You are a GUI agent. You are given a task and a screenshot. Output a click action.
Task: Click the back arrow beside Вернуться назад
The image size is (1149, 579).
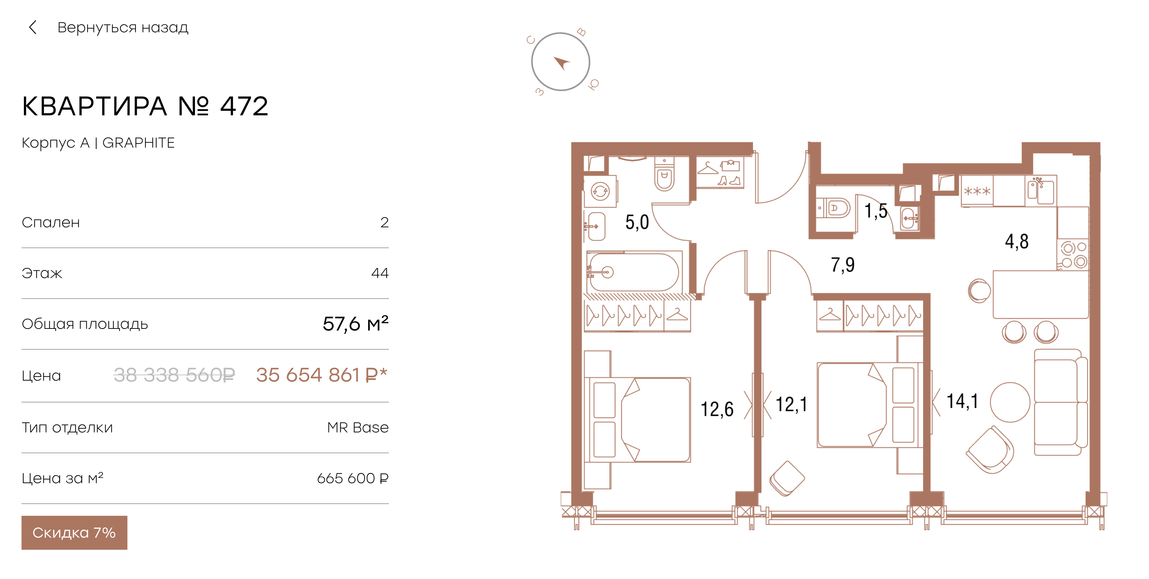click(33, 27)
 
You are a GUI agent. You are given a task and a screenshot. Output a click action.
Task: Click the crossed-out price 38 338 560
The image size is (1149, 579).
click(174, 375)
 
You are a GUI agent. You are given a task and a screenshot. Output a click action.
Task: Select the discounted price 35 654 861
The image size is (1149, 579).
click(321, 375)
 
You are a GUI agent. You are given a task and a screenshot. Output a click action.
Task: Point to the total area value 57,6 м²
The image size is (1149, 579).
click(356, 323)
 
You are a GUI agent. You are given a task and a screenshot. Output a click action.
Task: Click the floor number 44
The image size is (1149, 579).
click(380, 273)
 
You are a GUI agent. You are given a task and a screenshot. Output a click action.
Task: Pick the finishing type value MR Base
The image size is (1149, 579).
click(358, 427)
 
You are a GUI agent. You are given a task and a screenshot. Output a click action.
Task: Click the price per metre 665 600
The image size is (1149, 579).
click(352, 478)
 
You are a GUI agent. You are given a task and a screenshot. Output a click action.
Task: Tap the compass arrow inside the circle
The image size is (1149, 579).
click(562, 63)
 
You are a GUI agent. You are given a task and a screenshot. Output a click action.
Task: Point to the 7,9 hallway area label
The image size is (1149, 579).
click(842, 265)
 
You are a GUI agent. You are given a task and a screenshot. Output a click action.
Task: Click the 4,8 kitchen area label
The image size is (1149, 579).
click(1017, 241)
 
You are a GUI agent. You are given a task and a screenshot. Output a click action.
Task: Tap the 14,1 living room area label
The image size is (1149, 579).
click(962, 401)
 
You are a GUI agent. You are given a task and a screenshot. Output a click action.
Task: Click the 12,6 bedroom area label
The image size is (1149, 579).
click(717, 409)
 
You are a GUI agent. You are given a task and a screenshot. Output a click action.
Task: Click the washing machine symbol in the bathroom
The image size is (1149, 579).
click(600, 192)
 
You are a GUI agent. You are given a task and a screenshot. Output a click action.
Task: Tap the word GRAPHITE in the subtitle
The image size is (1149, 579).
click(139, 143)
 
